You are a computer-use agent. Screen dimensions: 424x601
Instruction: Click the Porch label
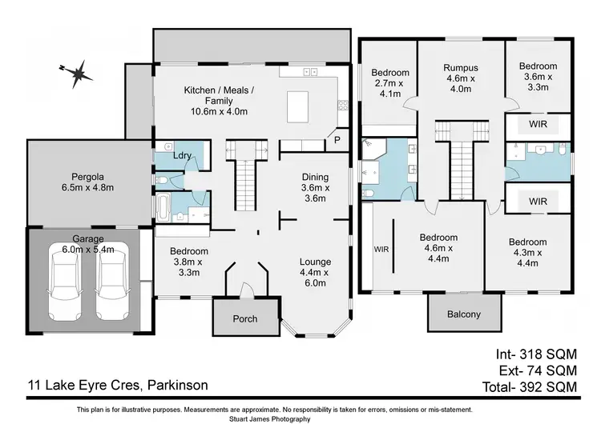(244, 319)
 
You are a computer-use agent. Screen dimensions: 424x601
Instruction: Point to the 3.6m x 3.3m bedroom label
(537, 78)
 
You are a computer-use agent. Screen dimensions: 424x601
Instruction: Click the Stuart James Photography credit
(300, 418)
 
